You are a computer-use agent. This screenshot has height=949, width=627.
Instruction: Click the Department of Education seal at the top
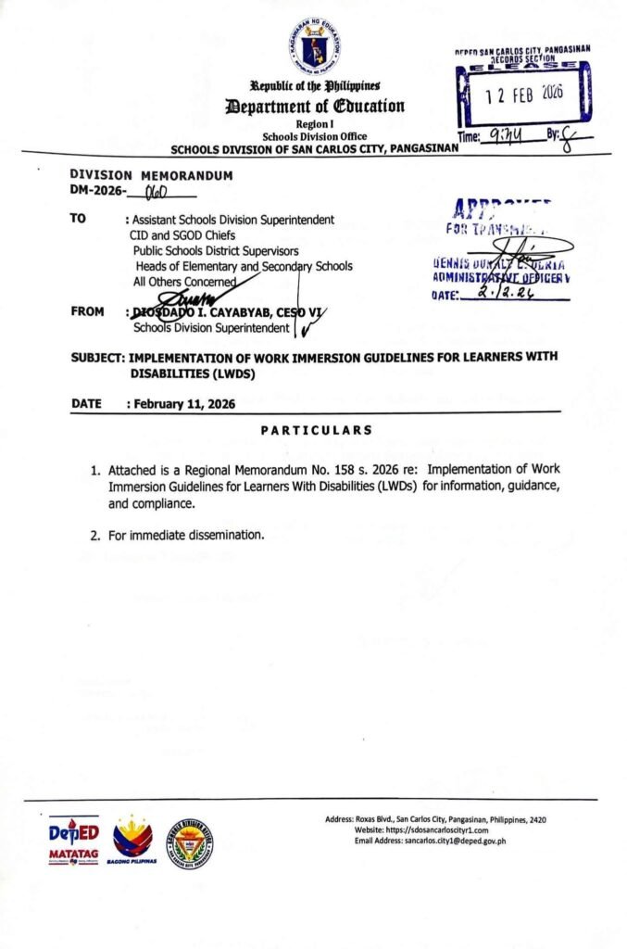(x=313, y=45)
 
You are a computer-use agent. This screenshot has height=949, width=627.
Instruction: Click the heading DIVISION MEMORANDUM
(x=151, y=175)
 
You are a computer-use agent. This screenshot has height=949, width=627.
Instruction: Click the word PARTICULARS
(x=316, y=430)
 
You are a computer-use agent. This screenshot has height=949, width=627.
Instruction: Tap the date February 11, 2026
(x=184, y=404)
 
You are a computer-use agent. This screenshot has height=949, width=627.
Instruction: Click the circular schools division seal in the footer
(x=190, y=842)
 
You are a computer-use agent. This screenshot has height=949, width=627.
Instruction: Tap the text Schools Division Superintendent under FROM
(x=213, y=327)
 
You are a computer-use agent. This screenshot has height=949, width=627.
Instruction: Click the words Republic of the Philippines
(x=314, y=86)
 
